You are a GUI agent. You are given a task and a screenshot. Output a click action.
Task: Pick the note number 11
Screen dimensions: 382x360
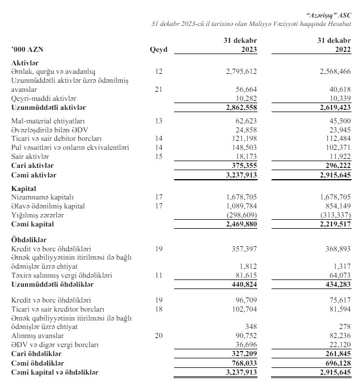pyautogui.click(x=158, y=275)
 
